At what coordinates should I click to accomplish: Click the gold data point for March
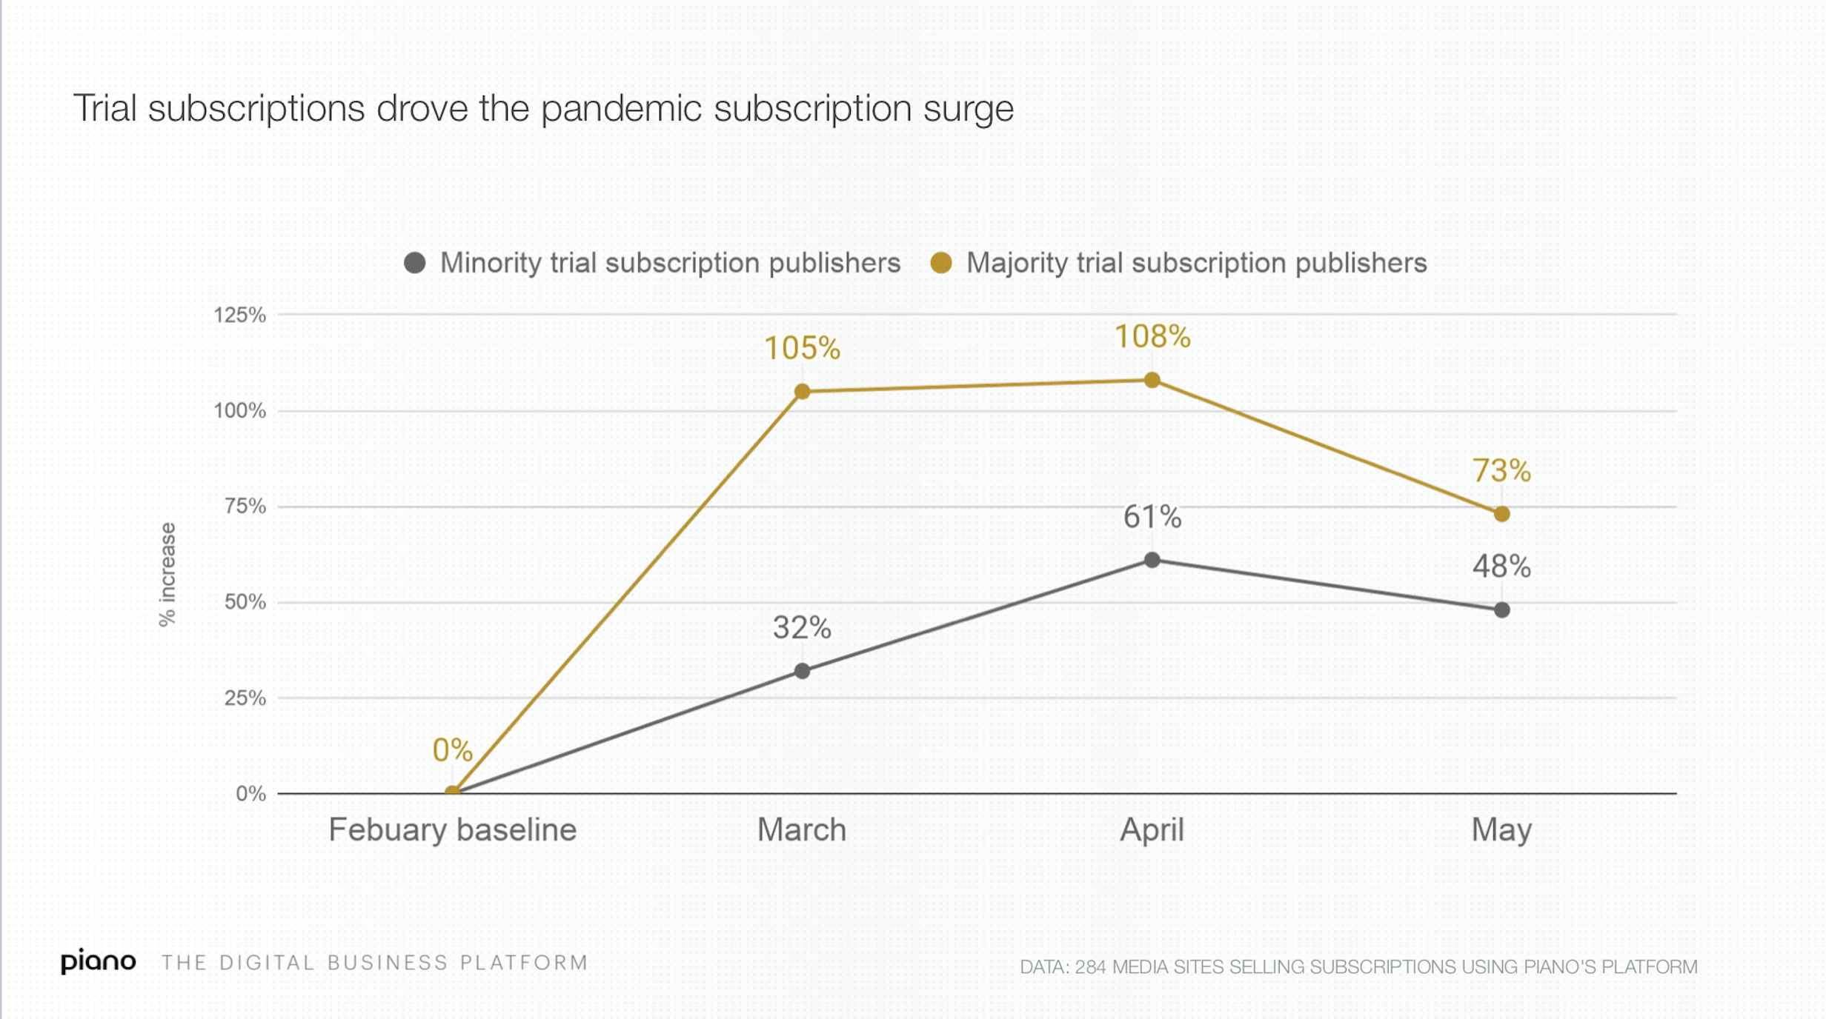(x=802, y=392)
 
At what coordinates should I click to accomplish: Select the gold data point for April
(x=1152, y=381)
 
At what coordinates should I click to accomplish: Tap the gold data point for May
(x=1501, y=514)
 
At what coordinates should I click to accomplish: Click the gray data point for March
(x=802, y=672)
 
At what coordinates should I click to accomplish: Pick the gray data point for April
(x=1152, y=561)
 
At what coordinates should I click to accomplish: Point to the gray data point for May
(x=1501, y=610)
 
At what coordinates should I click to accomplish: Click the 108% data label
(x=1152, y=337)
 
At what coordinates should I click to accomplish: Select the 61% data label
(x=1152, y=517)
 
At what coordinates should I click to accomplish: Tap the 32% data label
(x=802, y=628)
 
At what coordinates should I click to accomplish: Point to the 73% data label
(x=1501, y=471)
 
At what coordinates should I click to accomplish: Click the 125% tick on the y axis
(x=239, y=315)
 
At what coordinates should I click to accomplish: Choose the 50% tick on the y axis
(x=245, y=602)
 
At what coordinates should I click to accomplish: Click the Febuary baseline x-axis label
(x=452, y=830)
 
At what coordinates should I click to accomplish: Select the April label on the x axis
(x=1152, y=830)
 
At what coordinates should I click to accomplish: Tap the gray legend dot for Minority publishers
(x=415, y=263)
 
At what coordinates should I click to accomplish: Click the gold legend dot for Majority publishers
(x=941, y=263)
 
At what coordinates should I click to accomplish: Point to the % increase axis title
(x=168, y=575)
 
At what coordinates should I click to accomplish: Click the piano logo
(x=99, y=961)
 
